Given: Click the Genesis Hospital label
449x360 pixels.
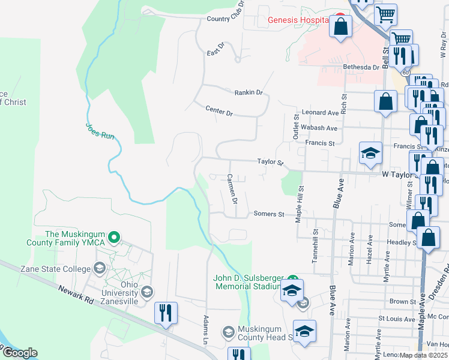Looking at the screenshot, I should point(298,20).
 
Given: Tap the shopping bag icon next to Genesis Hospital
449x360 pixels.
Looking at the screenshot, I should point(341,27).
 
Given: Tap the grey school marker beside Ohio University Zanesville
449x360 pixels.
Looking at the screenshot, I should point(147,292).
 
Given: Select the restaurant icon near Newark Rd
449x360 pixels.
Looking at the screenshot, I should point(166,313).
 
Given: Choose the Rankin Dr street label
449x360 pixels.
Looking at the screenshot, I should point(249,92).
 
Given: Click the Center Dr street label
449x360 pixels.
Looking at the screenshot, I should point(218,111).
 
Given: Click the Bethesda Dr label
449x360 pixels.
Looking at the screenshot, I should point(361,67).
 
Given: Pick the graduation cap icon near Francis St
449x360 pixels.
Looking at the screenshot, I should point(370,152).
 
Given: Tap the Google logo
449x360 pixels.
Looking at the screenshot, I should point(20,353).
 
